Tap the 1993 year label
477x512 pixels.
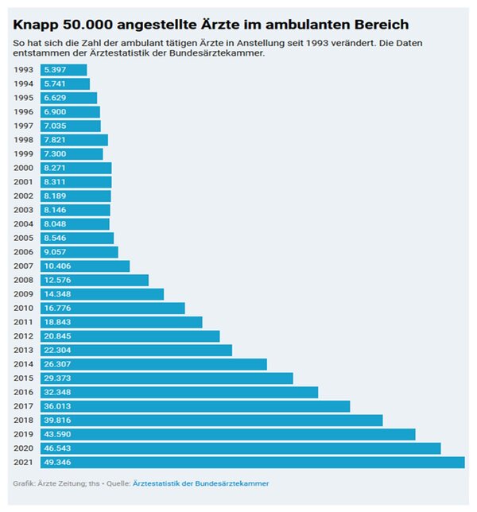24,70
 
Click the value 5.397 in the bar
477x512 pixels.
56,70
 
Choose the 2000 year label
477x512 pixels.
24,169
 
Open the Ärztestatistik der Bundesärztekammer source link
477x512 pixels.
200,483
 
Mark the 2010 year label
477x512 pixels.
24,308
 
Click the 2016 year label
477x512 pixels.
24,392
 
